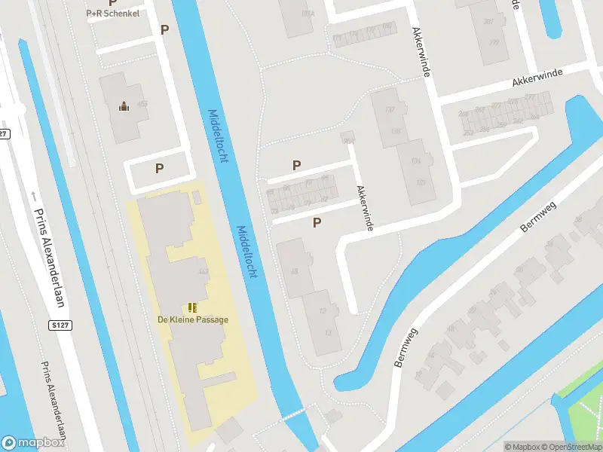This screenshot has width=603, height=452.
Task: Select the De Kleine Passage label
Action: coord(192,319)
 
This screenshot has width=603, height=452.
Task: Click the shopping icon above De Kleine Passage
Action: coord(192,307)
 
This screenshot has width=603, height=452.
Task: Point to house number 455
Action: coord(142,104)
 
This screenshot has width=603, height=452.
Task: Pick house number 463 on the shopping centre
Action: coord(202,271)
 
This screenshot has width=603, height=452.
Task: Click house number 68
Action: coord(295,271)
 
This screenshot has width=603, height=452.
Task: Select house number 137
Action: coord(390,110)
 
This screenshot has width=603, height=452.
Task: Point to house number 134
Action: coord(415,160)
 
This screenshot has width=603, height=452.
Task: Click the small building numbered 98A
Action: coord(347,140)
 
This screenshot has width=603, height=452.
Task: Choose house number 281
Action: coord(488,21)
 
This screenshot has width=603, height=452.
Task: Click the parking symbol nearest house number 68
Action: coord(317,222)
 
